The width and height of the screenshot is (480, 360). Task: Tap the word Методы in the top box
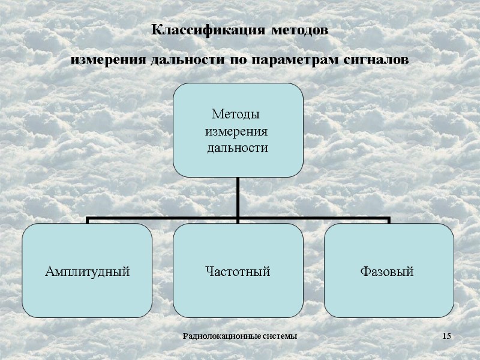237,114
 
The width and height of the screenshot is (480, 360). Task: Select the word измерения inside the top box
237,130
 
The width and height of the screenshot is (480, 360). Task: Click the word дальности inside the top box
237,147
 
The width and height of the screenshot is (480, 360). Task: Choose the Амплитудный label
88,272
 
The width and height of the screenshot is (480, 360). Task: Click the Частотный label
238,272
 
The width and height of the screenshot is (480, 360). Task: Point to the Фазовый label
388,272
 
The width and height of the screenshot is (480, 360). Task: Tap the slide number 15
446,335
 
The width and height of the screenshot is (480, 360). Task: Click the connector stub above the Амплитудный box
88,221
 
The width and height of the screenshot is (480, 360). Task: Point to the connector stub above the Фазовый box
389,221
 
